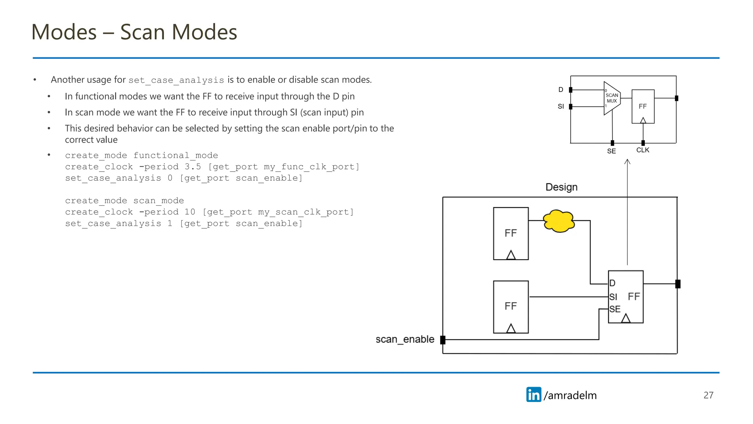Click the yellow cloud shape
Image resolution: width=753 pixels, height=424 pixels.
pyautogui.click(x=559, y=221)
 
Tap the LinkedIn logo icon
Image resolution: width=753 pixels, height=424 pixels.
pyautogui.click(x=533, y=395)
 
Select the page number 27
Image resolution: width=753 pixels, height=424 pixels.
pyautogui.click(x=708, y=395)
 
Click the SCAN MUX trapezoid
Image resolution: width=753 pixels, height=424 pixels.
pyautogui.click(x=611, y=98)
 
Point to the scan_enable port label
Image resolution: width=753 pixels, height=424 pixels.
pyautogui.click(x=405, y=339)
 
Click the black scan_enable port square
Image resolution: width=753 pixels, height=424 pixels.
pyautogui.click(x=443, y=340)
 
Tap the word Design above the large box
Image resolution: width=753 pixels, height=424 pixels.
pyautogui.click(x=561, y=187)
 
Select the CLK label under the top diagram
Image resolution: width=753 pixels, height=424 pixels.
pyautogui.click(x=643, y=150)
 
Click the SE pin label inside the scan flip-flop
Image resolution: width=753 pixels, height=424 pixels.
pyautogui.click(x=615, y=309)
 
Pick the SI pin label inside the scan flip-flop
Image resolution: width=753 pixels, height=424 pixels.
pyautogui.click(x=613, y=297)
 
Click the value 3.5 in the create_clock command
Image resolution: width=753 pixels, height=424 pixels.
pyautogui.click(x=193, y=167)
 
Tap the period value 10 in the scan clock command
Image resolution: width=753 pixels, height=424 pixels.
pyautogui.click(x=190, y=212)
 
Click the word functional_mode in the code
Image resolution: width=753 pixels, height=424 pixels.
pyautogui.click(x=176, y=155)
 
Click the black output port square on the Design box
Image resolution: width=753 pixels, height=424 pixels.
pyautogui.click(x=678, y=284)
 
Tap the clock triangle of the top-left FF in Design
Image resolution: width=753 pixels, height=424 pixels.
pyautogui.click(x=511, y=255)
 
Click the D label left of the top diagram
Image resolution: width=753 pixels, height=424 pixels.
pyautogui.click(x=561, y=90)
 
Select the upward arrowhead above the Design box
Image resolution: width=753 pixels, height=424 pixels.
pyautogui.click(x=628, y=162)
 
